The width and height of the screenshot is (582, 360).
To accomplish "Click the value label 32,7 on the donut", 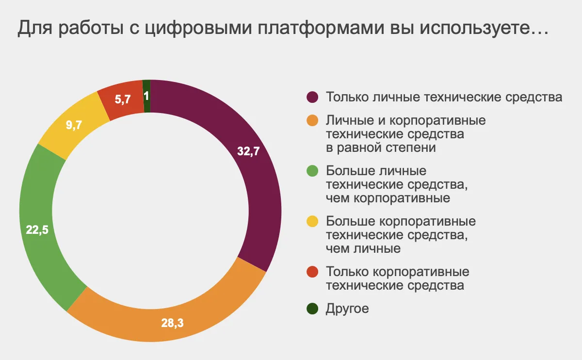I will [249, 151].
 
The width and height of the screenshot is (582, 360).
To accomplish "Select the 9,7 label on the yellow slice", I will [74, 125].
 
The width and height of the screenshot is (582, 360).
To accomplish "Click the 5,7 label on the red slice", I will [122, 100].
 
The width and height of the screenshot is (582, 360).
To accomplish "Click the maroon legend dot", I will [313, 97].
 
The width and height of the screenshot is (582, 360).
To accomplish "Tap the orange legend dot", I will [313, 120].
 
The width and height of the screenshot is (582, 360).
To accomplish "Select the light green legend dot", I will [313, 171].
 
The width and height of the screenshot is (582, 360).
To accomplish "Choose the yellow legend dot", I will [313, 222].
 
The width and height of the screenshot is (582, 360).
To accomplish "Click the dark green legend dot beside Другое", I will [313, 308].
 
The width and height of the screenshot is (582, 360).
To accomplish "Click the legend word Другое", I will [348, 309].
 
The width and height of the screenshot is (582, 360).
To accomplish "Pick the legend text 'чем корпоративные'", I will [388, 198].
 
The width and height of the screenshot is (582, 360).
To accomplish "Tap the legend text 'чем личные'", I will [363, 249].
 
